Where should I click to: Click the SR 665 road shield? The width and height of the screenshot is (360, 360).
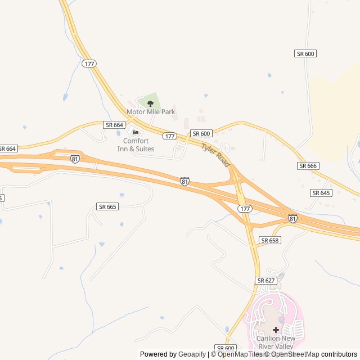coord(107,206)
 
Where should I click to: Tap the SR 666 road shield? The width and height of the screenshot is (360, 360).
coord(308,166)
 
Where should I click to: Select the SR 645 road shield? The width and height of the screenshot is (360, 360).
coord(321,193)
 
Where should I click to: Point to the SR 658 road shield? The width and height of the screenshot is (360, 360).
coord(269,240)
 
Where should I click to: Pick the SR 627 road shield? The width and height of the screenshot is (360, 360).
coord(265,280)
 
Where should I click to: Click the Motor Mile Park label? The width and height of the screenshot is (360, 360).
coord(151,112)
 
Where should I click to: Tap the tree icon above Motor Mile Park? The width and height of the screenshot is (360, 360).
coord(150,103)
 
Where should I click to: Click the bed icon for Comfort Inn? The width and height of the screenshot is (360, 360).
coord(135,133)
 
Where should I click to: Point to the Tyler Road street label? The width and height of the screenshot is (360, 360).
coord(216,154)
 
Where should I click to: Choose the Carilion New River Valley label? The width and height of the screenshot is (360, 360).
coord(276,341)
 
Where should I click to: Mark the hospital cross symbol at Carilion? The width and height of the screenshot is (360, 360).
coord(276,330)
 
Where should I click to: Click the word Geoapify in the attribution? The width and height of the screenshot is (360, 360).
coord(192,354)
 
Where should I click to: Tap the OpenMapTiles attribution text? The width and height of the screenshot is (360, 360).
coord(236,354)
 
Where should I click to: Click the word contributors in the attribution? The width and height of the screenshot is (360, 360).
coord(339,354)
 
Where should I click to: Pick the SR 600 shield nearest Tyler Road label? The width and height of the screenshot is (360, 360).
coord(201,133)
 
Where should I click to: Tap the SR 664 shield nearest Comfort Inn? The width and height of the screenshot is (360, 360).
coord(114,125)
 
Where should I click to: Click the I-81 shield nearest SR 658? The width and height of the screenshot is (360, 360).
coord(292,218)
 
